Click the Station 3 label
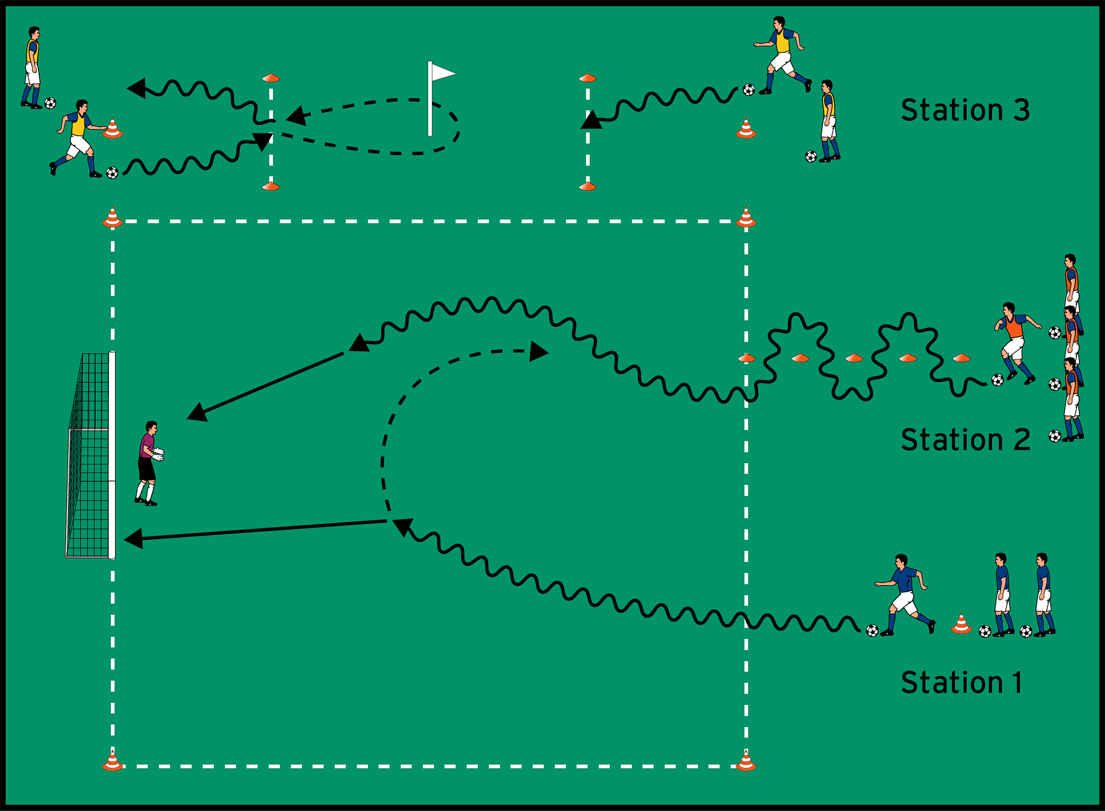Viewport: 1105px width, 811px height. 964,110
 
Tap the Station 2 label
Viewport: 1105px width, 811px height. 964,439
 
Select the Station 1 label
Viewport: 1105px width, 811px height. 961,682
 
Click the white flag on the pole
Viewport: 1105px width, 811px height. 442,73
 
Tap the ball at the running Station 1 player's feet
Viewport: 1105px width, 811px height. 872,630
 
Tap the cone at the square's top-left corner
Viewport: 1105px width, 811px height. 113,217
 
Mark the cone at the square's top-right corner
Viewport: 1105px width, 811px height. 746,217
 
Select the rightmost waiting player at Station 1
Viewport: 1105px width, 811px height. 1043,594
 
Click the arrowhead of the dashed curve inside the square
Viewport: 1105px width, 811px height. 538,352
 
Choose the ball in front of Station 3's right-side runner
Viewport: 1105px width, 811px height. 748,90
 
